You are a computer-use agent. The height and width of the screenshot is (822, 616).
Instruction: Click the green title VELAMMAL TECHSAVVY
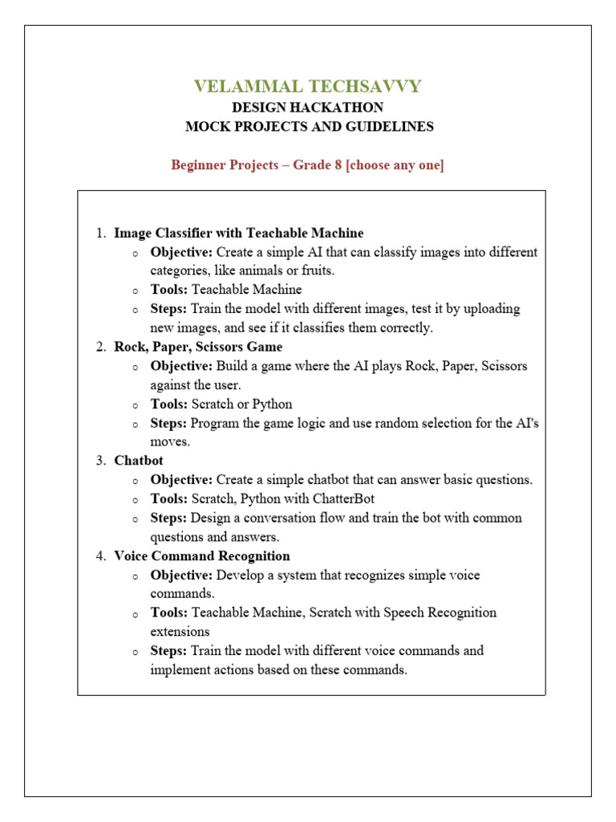pos(307,87)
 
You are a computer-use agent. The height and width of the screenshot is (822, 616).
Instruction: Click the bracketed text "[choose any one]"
pos(395,165)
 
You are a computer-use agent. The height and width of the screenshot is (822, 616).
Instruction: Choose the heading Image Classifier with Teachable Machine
pos(238,233)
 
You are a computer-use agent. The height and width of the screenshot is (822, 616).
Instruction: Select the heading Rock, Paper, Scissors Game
pos(198,347)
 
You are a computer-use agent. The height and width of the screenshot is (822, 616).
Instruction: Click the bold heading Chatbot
pos(139,461)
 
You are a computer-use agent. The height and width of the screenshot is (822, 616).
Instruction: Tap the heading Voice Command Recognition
pos(202,555)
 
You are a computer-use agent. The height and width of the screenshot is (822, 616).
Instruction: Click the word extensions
pos(180,631)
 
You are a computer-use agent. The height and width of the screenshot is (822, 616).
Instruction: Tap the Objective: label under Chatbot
pos(181,479)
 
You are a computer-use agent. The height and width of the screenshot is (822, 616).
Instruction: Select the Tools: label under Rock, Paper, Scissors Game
pos(169,404)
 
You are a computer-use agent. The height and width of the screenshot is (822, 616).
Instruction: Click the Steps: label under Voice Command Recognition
pos(168,650)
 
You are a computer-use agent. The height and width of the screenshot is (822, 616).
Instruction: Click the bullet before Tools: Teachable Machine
pos(136,291)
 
